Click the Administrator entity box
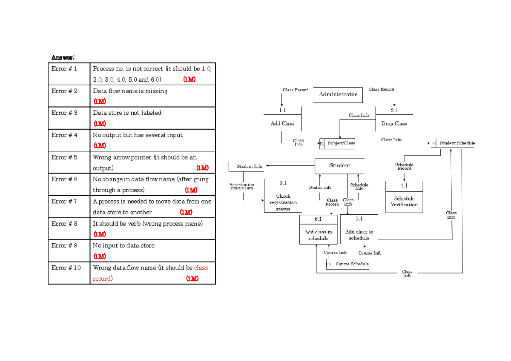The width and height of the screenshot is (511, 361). point(338,94)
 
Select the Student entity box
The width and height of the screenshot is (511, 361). point(339,166)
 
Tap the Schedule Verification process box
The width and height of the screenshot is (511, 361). point(404,201)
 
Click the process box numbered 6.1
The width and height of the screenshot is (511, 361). point(318,230)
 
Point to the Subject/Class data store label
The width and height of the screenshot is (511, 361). point(341,143)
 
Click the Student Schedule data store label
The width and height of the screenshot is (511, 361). point(457,143)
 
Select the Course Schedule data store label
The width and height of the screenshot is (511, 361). point(352,264)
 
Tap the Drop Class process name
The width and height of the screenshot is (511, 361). point(394,124)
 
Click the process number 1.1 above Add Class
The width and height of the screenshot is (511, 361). point(282,110)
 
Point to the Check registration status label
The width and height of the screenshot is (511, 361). point(283,202)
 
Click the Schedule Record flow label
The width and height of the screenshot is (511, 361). point(404,166)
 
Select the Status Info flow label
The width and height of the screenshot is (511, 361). point(320,188)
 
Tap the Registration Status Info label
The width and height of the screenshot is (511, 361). point(241,186)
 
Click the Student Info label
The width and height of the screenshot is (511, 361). point(250,166)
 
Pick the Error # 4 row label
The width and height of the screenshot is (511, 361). point(64,135)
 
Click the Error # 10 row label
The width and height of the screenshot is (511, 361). point(66,268)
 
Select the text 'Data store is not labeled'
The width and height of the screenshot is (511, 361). point(127,113)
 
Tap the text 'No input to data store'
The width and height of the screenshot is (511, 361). point(123,246)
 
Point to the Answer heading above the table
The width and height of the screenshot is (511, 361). point(63,57)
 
